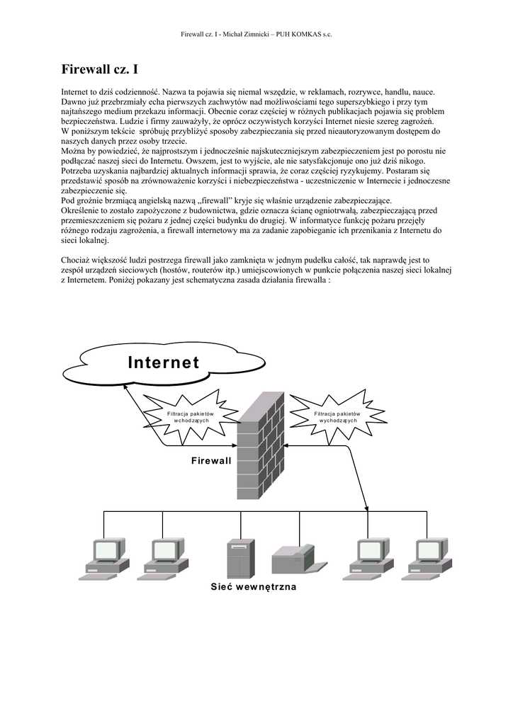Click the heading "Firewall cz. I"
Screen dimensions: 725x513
99,69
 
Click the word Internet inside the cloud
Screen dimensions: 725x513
164,362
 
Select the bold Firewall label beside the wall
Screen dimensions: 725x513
211,461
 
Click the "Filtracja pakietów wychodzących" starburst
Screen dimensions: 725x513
338,416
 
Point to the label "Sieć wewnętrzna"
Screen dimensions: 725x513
254,587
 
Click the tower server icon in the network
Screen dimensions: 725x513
239,559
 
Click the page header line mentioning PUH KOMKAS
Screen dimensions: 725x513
256,34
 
